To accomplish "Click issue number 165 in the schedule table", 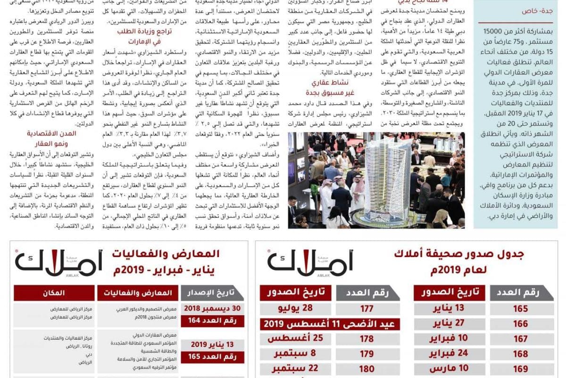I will click(521, 309).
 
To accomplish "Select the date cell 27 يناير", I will click(446, 324).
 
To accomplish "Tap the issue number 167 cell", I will click(521, 339).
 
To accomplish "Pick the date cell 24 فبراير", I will click(446, 353).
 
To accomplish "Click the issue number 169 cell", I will click(521, 368).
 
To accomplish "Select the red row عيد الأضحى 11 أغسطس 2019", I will click(330, 324).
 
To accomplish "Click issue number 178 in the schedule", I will click(366, 339).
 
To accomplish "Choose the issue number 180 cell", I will click(366, 368).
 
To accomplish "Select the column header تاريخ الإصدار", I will click(213, 293).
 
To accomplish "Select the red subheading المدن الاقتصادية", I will click(51, 134).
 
